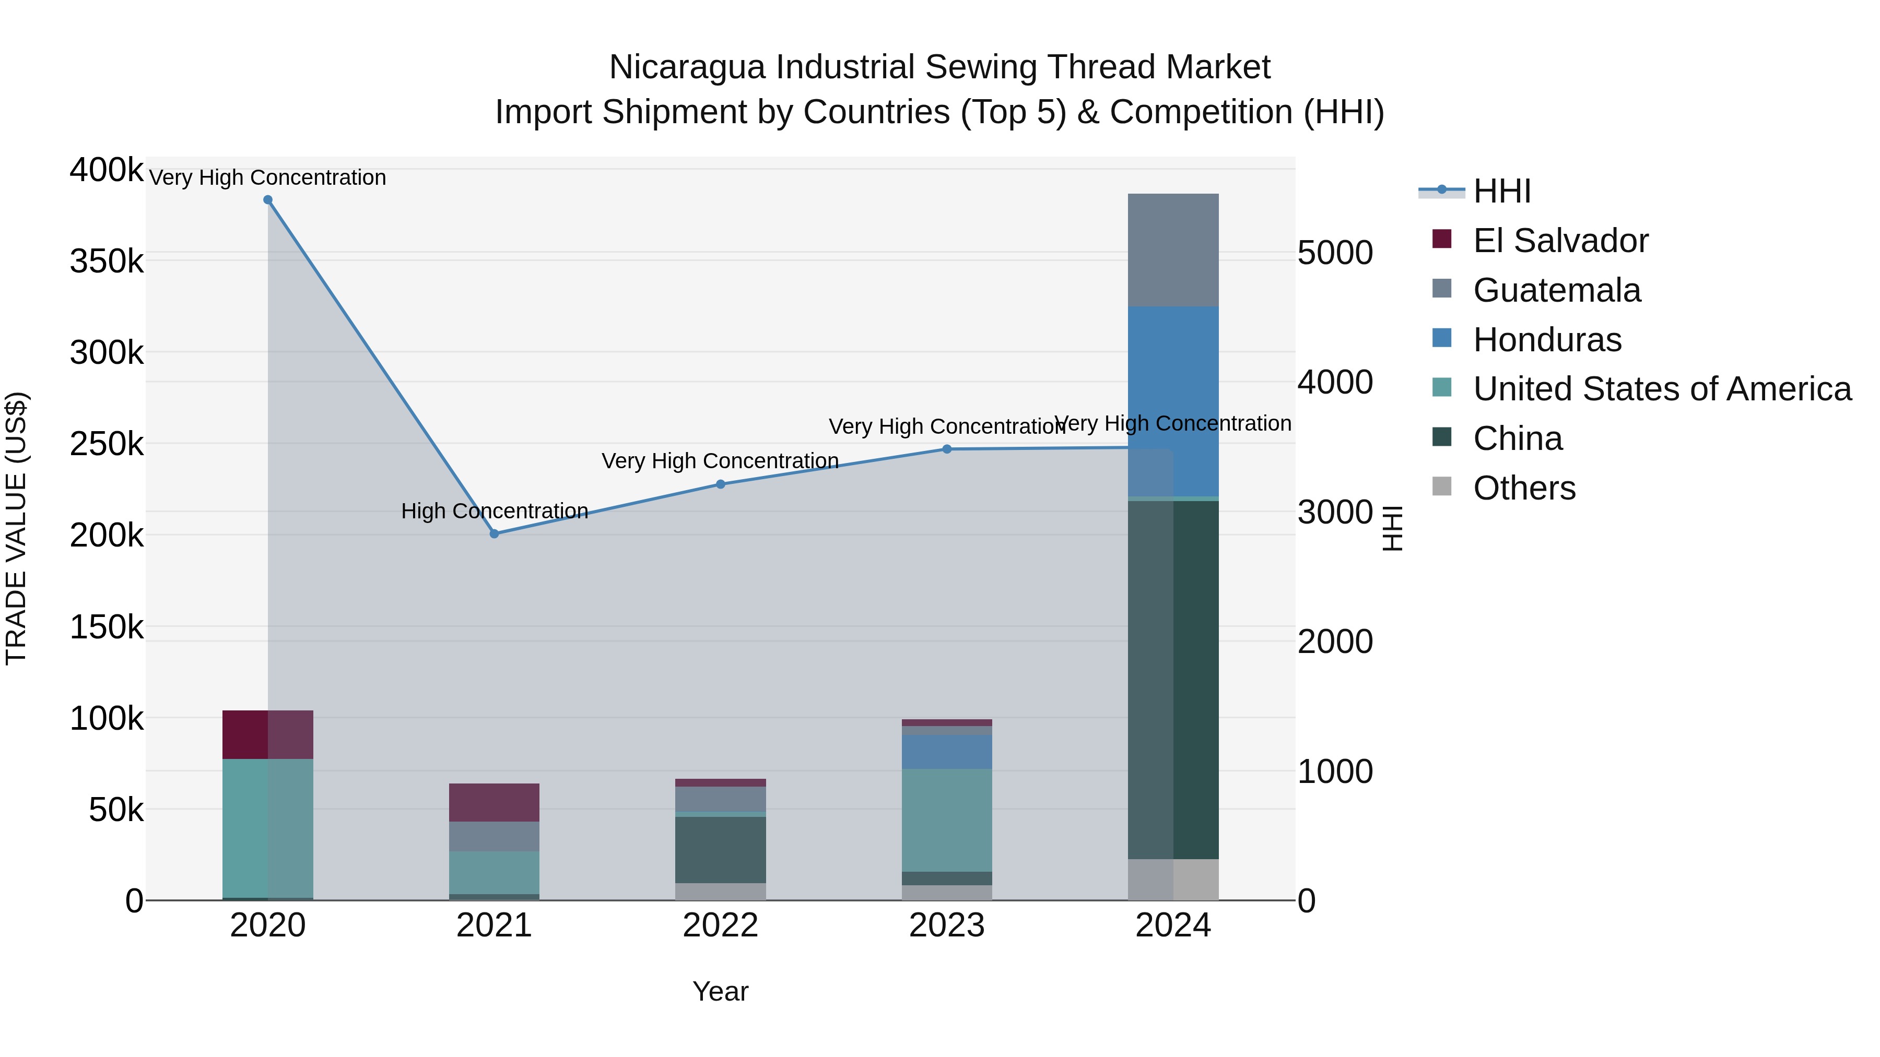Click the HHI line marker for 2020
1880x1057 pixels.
pos(268,200)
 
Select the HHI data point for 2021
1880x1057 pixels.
pos(494,534)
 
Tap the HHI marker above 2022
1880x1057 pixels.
pos(720,484)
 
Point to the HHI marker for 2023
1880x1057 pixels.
pos(947,449)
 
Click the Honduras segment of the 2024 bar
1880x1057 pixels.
pos(1173,401)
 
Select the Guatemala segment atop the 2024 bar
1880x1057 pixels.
pos(1173,250)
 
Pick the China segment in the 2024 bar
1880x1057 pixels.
pos(1173,679)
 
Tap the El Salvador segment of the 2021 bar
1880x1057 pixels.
pos(494,802)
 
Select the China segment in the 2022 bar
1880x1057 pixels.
pos(720,850)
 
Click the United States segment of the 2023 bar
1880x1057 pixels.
pos(947,820)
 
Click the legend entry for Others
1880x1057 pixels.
pos(1523,488)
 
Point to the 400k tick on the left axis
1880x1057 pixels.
pos(107,170)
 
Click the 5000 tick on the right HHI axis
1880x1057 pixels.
pos(1335,253)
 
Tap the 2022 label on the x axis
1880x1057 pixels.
pos(720,925)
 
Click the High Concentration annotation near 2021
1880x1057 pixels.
pos(494,510)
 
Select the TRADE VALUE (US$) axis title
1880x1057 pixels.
pos(16,528)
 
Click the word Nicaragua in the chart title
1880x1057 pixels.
pos(687,67)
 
